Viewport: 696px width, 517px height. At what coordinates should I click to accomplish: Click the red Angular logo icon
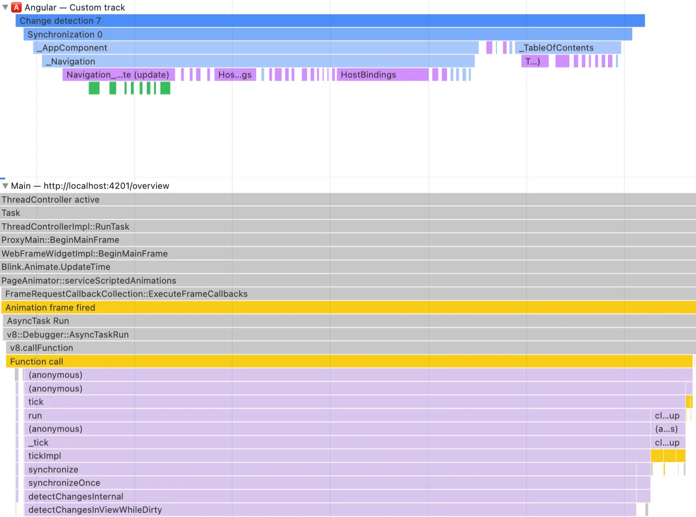pyautogui.click(x=17, y=7)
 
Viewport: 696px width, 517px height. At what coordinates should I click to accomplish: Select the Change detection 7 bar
pyautogui.click(x=330, y=21)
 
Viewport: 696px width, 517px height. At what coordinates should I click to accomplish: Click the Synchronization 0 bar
pyautogui.click(x=328, y=34)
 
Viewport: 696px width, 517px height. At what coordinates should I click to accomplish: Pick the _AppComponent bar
pyautogui.click(x=256, y=48)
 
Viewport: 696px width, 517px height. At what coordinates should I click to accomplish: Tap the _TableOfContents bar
pyautogui.click(x=568, y=48)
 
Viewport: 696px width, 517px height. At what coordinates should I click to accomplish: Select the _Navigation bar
pyautogui.click(x=258, y=62)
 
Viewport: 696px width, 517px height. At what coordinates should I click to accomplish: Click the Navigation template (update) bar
pyautogui.click(x=118, y=75)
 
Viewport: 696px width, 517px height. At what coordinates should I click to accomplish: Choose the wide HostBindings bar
pyautogui.click(x=382, y=75)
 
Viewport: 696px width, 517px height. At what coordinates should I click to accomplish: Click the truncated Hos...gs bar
pyautogui.click(x=235, y=75)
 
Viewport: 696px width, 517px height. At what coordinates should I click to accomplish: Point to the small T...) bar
pyautogui.click(x=534, y=62)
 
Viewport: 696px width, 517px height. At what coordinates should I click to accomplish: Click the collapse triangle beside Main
pyautogui.click(x=5, y=186)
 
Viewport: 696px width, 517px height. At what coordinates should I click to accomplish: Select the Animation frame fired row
pyautogui.click(x=348, y=308)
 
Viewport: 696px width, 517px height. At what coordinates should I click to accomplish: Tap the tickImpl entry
pyautogui.click(x=337, y=456)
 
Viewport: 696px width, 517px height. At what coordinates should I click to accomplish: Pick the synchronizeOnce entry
pyautogui.click(x=330, y=483)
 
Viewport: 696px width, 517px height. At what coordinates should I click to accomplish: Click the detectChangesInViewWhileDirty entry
pyautogui.click(x=330, y=510)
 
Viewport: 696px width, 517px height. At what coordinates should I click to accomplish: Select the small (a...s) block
pyautogui.click(x=666, y=429)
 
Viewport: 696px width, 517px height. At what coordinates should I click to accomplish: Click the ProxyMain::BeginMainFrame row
pyautogui.click(x=348, y=240)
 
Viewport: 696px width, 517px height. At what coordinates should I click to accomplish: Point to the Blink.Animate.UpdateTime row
pyautogui.click(x=348, y=267)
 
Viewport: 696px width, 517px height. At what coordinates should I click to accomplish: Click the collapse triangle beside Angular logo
pyautogui.click(x=5, y=7)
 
